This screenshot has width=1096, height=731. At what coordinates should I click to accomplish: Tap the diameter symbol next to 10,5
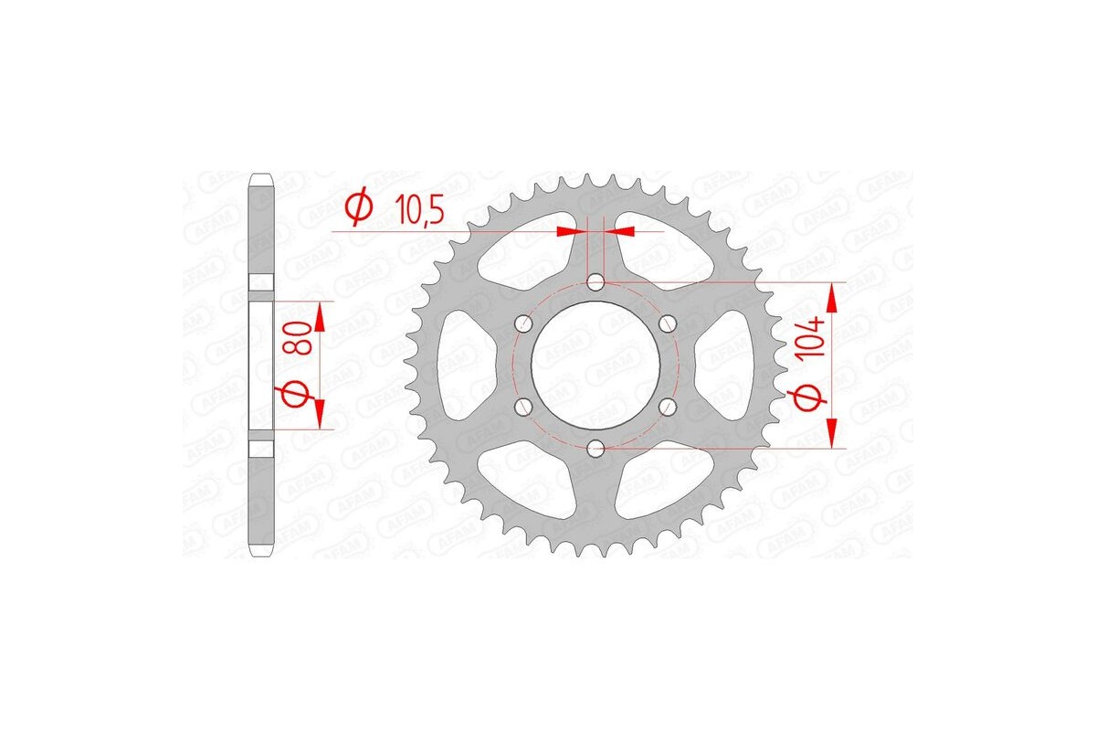click(358, 209)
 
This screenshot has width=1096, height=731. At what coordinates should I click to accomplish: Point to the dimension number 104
click(816, 336)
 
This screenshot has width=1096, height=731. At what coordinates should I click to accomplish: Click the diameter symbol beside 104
click(815, 398)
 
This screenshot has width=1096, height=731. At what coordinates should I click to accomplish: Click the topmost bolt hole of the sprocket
click(595, 281)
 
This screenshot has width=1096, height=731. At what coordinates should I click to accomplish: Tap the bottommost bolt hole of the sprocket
click(595, 447)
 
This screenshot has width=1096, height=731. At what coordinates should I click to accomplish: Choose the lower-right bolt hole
click(667, 406)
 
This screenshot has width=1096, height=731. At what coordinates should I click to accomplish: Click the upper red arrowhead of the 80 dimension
click(320, 315)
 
